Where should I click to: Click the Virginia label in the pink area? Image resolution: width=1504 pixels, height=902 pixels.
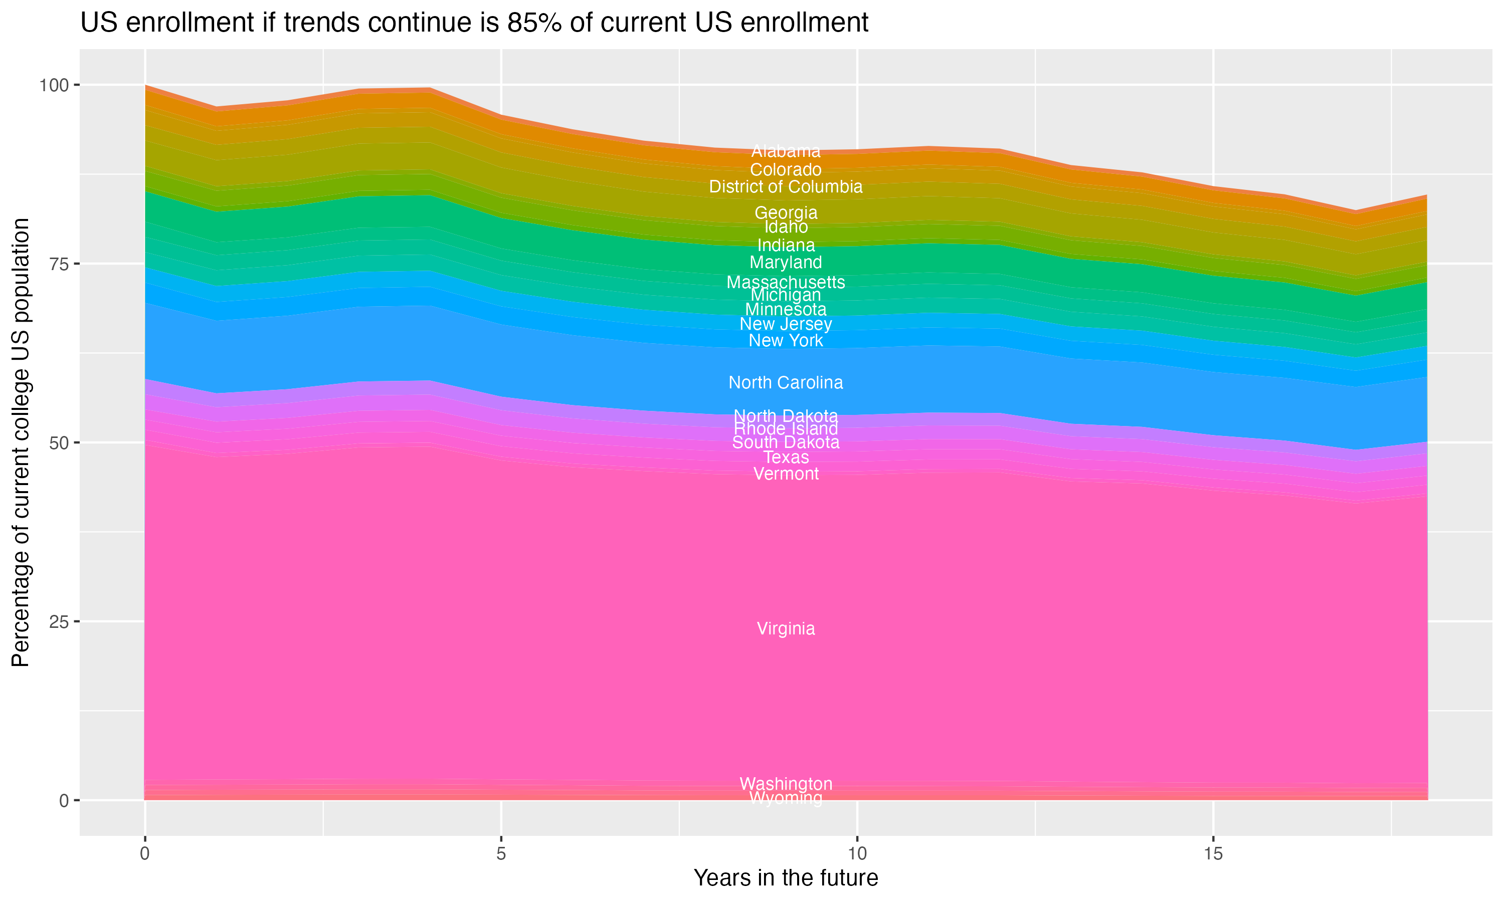coord(786,628)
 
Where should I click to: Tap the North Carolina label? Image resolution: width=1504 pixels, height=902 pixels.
coord(786,382)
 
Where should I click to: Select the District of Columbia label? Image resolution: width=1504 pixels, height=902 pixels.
coord(786,186)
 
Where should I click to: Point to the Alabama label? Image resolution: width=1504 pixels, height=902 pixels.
coord(786,151)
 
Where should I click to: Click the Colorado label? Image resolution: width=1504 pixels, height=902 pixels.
coord(786,169)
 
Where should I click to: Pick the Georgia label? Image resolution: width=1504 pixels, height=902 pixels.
coord(786,213)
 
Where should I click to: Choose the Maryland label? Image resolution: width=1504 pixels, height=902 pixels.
coord(786,263)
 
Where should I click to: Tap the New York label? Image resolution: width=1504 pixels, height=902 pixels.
coord(786,340)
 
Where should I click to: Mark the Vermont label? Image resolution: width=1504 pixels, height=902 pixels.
coord(786,474)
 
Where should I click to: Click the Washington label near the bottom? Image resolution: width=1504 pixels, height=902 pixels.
coord(786,783)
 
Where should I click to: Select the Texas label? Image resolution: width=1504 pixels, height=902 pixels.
coord(786,457)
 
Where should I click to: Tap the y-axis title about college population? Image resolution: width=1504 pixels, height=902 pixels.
coord(21,442)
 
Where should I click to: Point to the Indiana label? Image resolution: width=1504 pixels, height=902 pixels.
coord(786,245)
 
